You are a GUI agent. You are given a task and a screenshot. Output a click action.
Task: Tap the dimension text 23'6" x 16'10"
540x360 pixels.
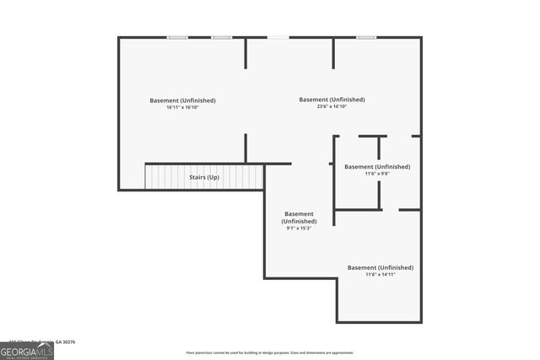tap(332, 106)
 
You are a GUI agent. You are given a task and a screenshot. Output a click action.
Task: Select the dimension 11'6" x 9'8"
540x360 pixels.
tap(376, 174)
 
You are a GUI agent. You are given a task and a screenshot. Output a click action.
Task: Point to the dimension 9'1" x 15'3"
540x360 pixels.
tap(300, 228)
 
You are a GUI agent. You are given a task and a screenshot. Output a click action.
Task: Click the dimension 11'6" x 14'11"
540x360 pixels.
tap(381, 274)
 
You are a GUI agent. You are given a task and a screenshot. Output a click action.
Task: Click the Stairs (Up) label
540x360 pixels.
tap(202, 178)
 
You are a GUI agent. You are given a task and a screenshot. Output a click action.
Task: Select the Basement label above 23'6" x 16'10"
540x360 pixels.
tap(332, 99)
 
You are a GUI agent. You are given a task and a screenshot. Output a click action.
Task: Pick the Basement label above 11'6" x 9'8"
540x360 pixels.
tap(376, 167)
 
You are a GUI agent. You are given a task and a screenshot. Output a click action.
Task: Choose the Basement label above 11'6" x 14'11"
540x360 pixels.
tap(381, 267)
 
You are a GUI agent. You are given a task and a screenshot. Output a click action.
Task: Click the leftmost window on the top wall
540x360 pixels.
tap(177, 37)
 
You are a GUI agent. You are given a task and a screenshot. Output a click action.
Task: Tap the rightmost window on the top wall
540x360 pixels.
tap(365, 37)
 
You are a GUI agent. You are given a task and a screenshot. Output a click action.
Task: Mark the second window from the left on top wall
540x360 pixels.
tap(221, 37)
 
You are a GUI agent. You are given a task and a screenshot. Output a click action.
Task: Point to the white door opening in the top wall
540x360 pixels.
tap(277, 37)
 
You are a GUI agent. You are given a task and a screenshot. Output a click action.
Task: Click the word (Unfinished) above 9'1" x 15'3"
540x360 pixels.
tap(300, 221)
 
